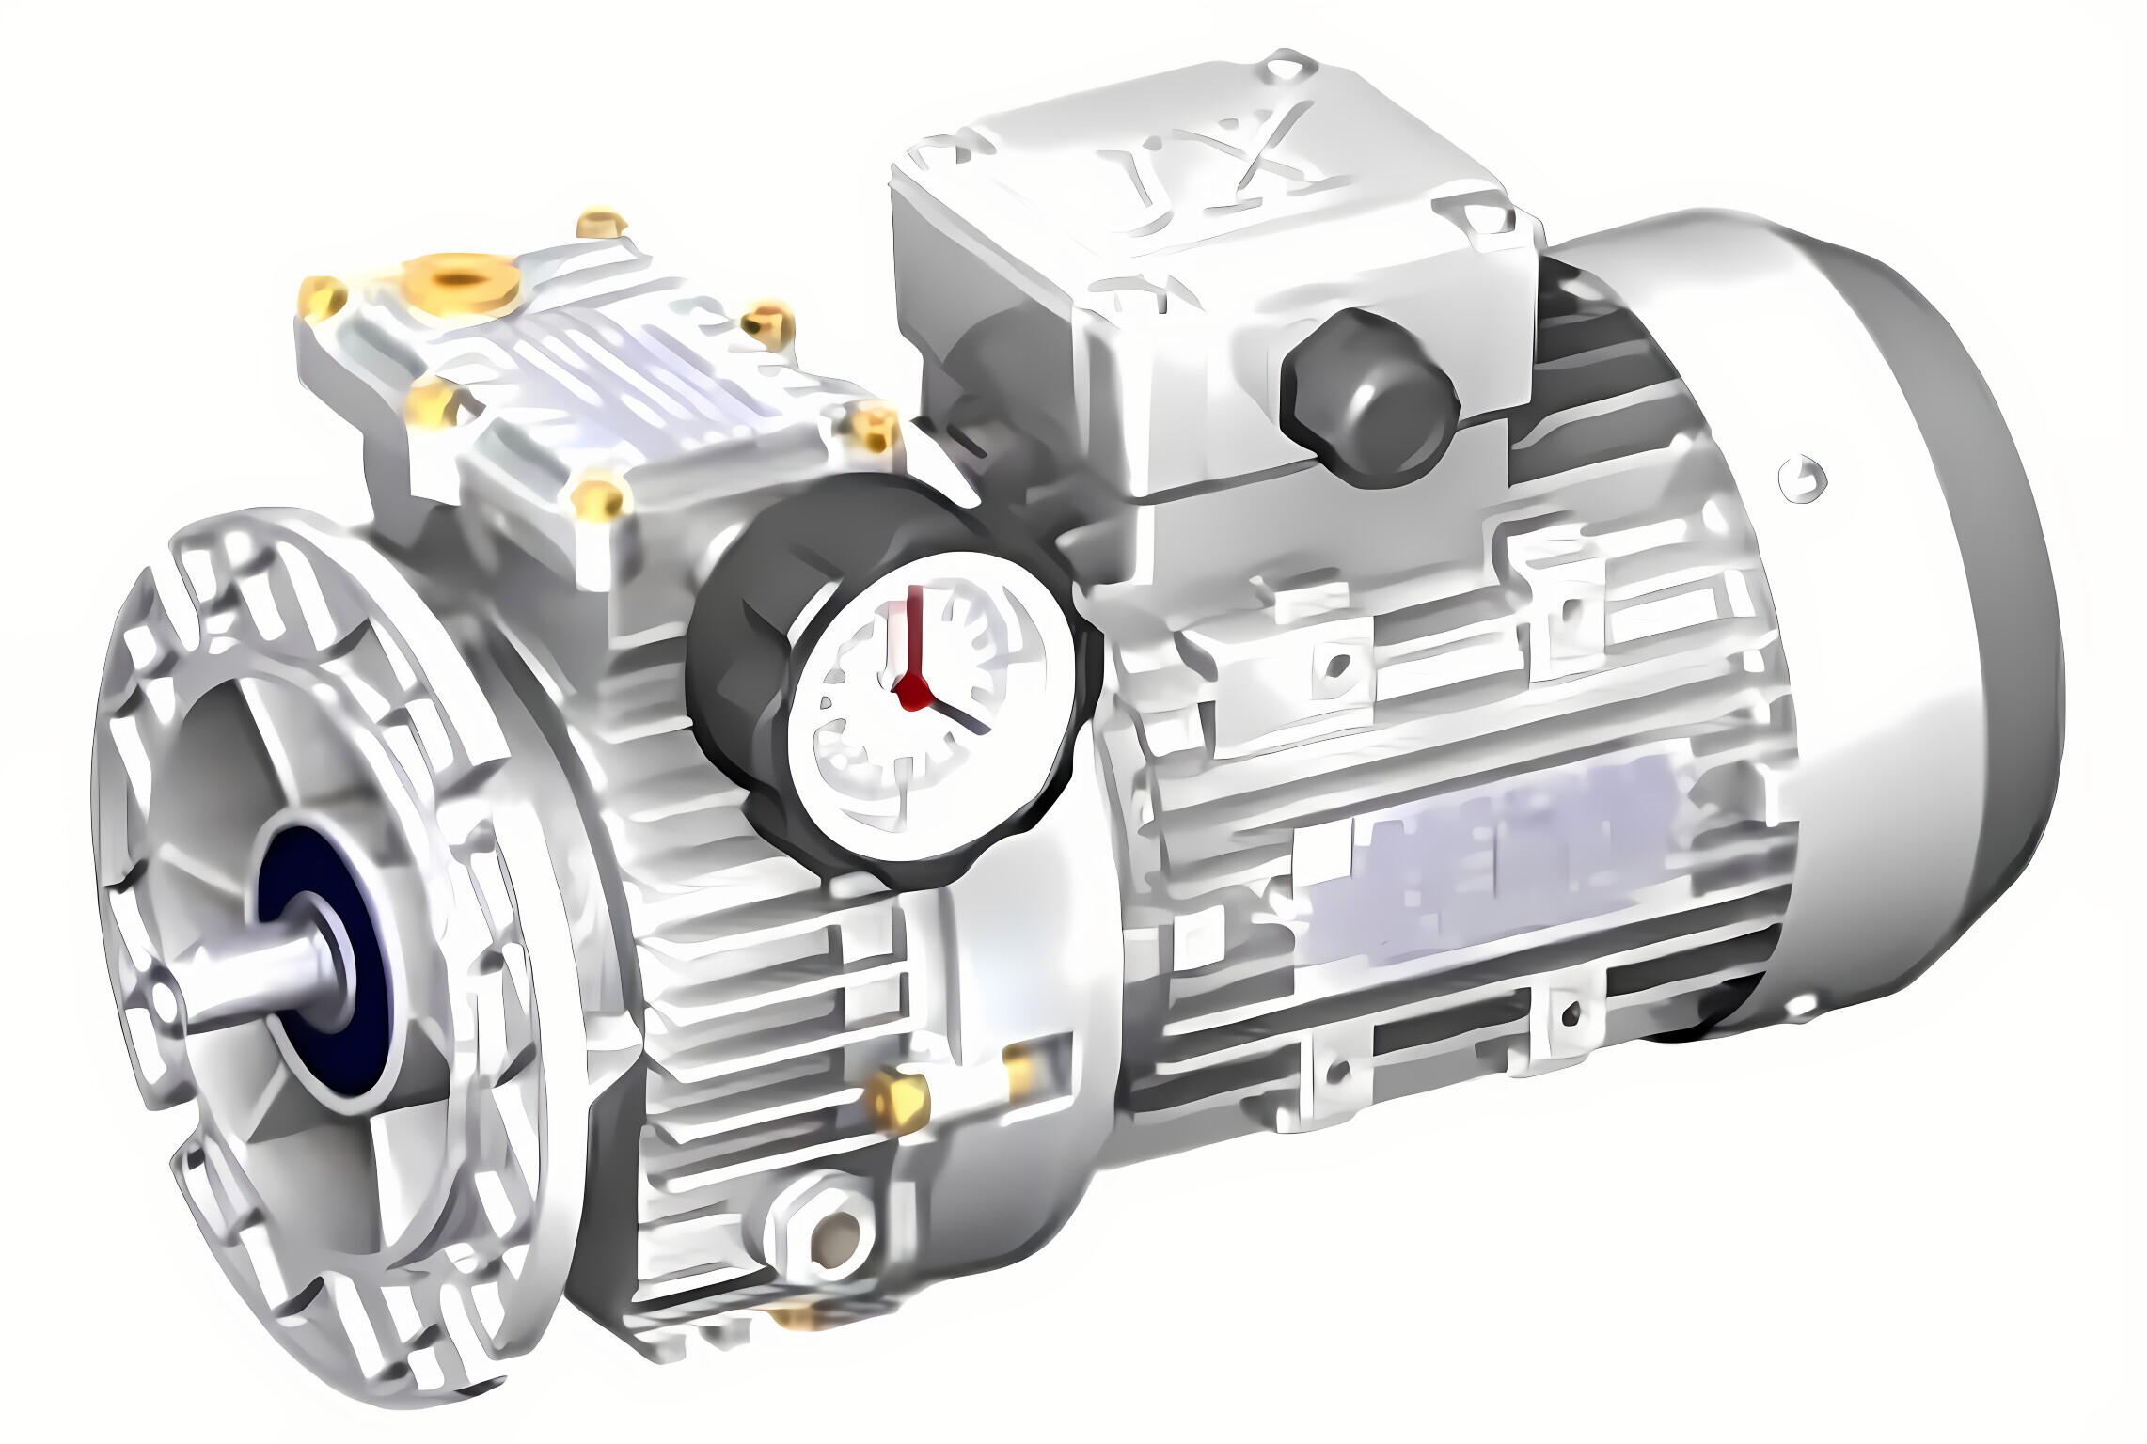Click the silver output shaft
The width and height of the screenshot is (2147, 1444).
[x=254, y=978]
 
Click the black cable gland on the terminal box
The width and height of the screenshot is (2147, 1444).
[x=1368, y=400]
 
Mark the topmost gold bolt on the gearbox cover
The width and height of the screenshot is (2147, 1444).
[x=600, y=224]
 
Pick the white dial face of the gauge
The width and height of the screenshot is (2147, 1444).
[x=931, y=705]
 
